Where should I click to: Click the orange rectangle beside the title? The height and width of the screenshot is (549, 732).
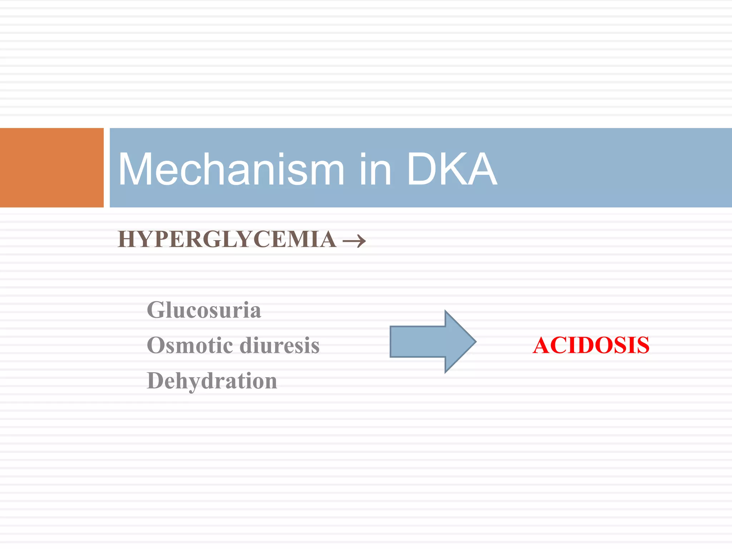[x=51, y=167]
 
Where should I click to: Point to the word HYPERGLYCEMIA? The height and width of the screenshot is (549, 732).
[x=227, y=239]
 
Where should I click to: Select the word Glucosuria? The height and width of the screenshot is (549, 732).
[x=204, y=310]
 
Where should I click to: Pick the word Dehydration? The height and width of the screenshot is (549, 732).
[x=212, y=381]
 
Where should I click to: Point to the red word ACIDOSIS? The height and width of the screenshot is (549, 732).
[x=591, y=345]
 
